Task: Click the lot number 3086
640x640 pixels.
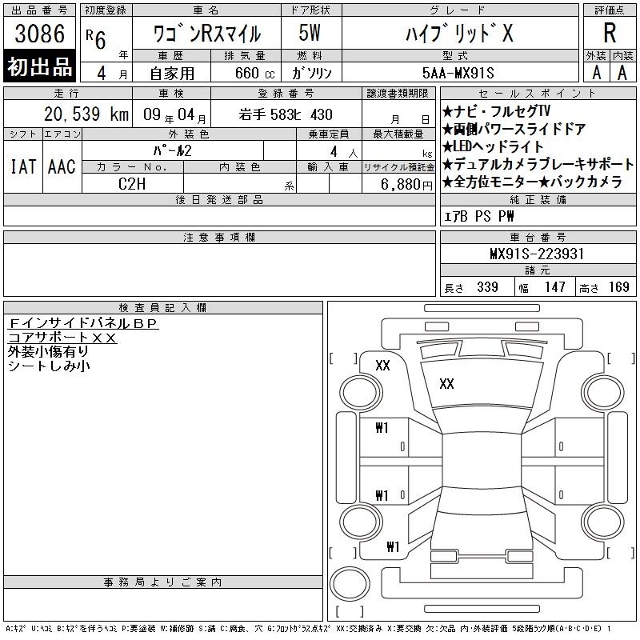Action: (x=39, y=34)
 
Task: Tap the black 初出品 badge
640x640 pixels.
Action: (x=39, y=66)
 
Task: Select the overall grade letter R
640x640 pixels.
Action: (x=610, y=33)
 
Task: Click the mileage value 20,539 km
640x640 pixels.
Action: (x=86, y=114)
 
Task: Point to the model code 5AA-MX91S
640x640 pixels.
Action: (x=458, y=73)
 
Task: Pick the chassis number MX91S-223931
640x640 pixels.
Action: (x=537, y=254)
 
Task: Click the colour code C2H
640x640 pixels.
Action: (x=132, y=184)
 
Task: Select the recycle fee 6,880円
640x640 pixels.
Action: (x=406, y=185)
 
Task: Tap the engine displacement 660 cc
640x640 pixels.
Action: (x=254, y=74)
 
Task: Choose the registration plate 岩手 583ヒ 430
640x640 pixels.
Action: (x=286, y=114)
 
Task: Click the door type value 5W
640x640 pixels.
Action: (x=310, y=33)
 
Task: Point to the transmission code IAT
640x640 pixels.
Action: (x=23, y=166)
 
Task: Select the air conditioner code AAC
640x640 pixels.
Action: (x=62, y=166)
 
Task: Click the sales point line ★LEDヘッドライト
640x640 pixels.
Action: (x=493, y=146)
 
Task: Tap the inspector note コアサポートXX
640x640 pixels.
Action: (x=62, y=338)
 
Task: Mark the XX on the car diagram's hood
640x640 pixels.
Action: (x=446, y=384)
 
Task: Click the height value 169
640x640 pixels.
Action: (x=618, y=287)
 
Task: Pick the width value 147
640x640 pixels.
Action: (x=554, y=287)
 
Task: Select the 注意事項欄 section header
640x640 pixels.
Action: (x=219, y=237)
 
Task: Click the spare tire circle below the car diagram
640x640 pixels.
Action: (x=350, y=583)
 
